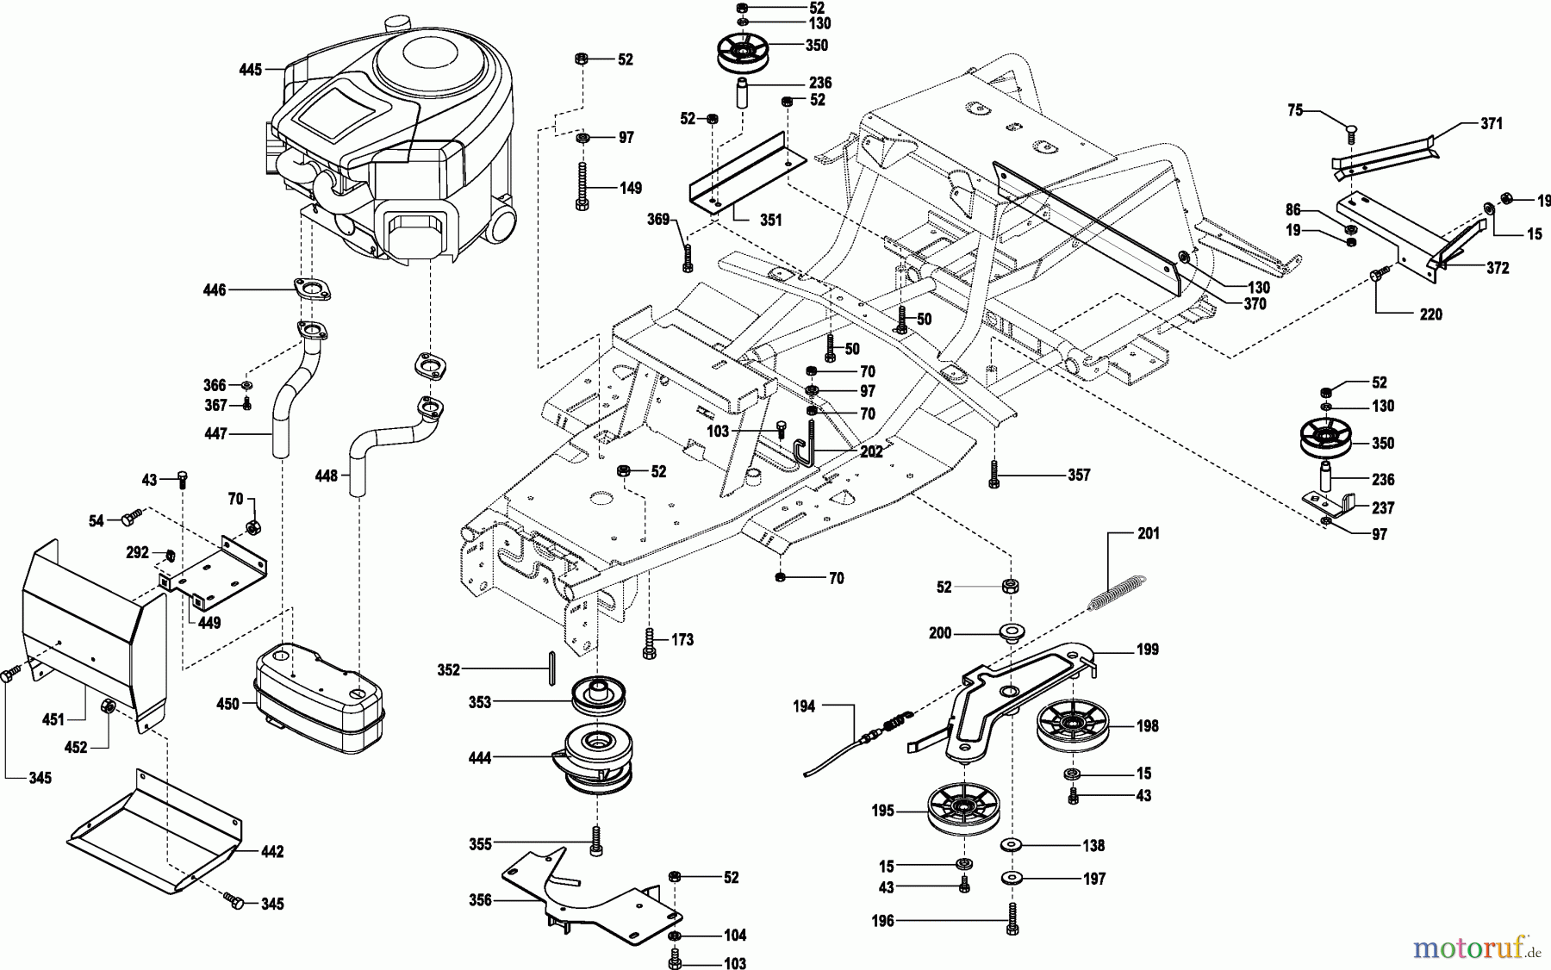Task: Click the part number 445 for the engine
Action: pos(251,70)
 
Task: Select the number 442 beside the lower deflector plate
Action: pos(272,852)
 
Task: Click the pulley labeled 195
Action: pos(962,810)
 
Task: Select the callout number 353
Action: pos(480,702)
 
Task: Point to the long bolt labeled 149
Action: pos(582,186)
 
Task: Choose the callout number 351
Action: pos(771,220)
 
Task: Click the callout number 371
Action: pos(1492,124)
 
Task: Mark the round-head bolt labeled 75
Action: pos(1352,132)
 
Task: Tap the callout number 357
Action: pos(1079,475)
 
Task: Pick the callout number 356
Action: pos(480,900)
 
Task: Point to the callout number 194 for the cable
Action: pos(804,706)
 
